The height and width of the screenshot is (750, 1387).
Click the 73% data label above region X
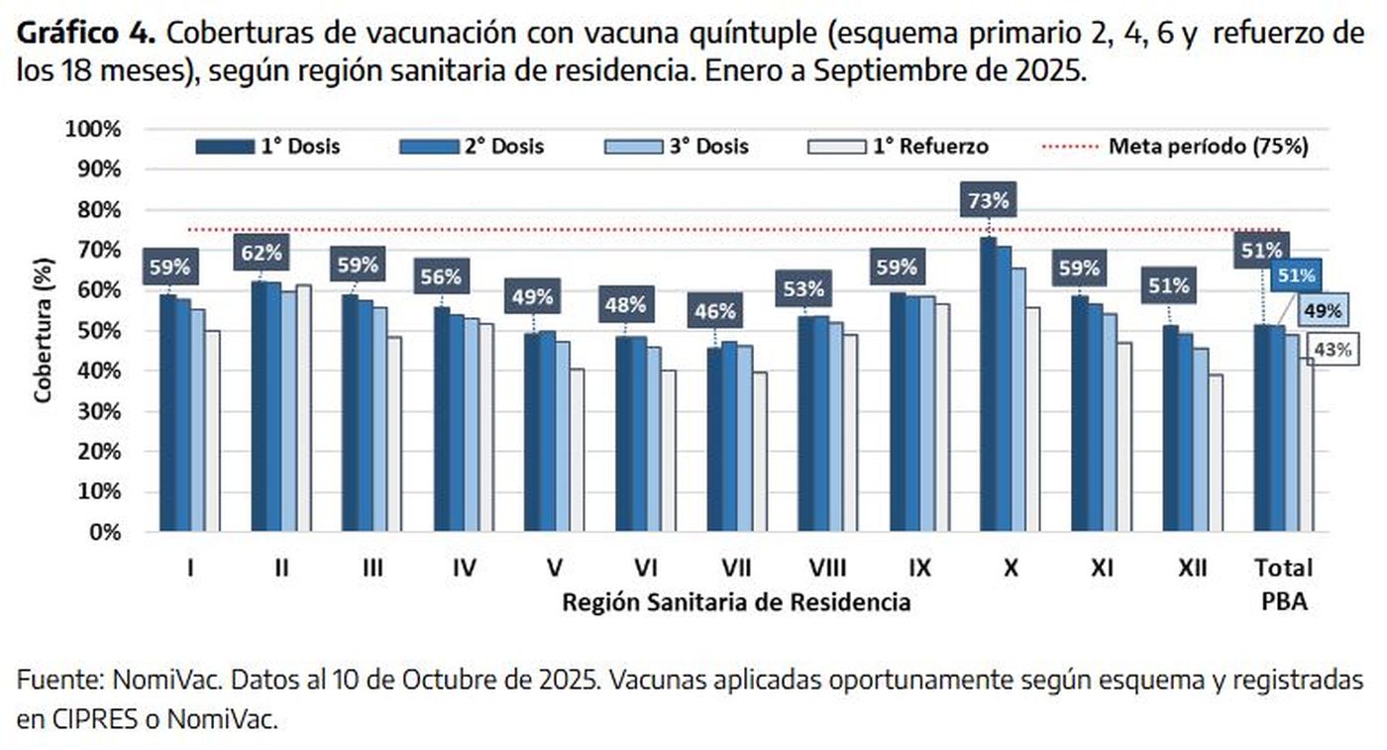pos(988,201)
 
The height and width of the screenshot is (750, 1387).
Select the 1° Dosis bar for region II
pos(260,406)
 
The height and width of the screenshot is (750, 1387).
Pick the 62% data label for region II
pos(261,252)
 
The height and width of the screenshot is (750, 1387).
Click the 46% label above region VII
pos(714,311)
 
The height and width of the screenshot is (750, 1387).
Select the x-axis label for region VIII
pos(826,568)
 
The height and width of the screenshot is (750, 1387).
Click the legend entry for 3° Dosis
pos(676,147)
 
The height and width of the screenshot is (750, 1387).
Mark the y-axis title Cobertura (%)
pos(43,330)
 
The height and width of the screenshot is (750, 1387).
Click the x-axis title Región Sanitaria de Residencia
pos(736,601)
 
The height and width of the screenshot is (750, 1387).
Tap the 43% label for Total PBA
pos(1331,348)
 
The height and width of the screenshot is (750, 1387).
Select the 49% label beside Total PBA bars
pos(1322,310)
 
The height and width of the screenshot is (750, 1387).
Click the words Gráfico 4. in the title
pos(86,33)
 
